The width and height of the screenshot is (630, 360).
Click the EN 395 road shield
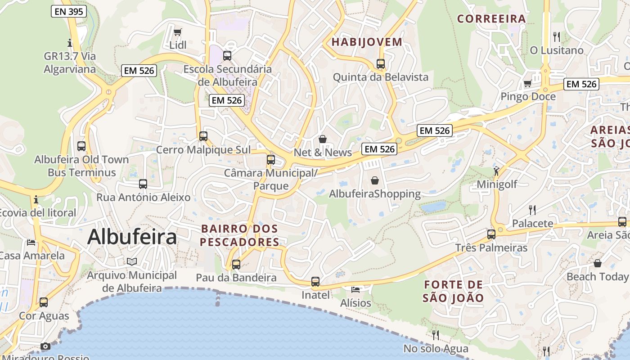tap(69, 12)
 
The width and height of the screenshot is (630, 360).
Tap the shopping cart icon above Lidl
tap(178, 32)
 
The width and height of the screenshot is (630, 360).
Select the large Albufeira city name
tap(132, 237)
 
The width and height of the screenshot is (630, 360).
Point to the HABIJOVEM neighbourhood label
tap(367, 42)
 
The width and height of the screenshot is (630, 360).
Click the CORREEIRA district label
tap(491, 19)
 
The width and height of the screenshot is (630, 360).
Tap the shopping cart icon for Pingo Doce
tap(527, 83)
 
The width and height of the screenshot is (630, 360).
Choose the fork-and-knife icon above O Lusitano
tap(557, 36)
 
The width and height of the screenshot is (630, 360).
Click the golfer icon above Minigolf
tap(496, 171)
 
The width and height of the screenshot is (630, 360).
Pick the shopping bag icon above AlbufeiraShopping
tap(375, 180)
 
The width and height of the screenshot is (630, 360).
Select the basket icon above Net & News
tap(323, 139)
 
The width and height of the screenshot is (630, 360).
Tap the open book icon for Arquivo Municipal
tap(132, 261)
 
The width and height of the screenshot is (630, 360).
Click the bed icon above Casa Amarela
tap(31, 243)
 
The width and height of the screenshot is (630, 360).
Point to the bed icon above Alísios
tap(355, 289)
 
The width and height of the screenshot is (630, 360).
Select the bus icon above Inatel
tap(315, 282)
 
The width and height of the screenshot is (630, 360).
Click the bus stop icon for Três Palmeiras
tap(491, 234)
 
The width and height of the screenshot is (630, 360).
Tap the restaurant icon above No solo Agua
tap(436, 335)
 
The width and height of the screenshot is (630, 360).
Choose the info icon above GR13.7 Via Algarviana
tap(70, 43)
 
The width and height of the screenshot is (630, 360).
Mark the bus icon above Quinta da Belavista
tap(381, 64)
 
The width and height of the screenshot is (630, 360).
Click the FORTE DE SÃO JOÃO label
tap(453, 291)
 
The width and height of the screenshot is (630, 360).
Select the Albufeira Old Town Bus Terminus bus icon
tap(81, 146)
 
